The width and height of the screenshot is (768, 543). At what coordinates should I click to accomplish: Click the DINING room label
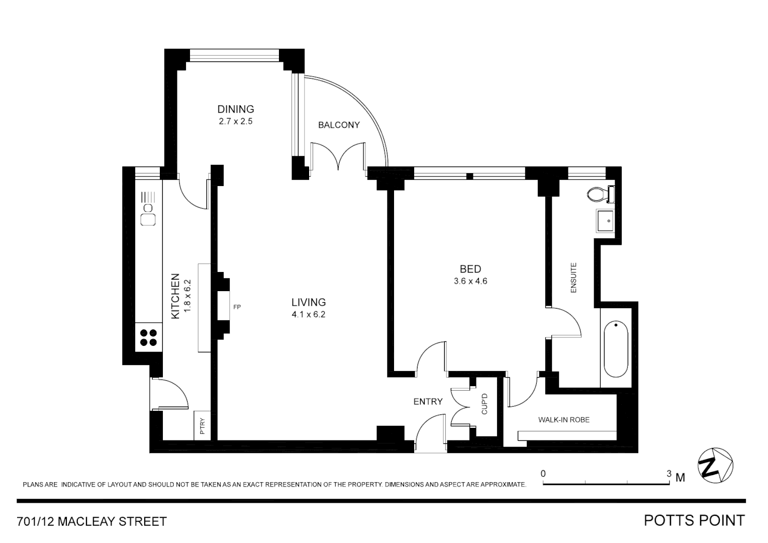(235, 109)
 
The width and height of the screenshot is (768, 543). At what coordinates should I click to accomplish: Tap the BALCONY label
(339, 125)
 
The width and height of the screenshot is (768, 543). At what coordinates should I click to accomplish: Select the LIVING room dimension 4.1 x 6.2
(309, 315)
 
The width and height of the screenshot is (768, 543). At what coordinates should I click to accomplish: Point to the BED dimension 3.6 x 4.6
(470, 282)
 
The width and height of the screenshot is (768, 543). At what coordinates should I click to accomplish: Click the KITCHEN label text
(175, 296)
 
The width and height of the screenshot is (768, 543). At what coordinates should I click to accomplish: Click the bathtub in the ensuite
(616, 349)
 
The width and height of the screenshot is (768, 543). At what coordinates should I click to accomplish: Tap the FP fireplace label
(237, 307)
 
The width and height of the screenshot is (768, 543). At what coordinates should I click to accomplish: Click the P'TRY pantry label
(203, 426)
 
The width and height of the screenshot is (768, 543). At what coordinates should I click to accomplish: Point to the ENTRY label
(428, 402)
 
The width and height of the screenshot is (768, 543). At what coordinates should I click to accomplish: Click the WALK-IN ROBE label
(563, 420)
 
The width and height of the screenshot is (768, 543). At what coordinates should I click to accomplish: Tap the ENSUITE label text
(573, 278)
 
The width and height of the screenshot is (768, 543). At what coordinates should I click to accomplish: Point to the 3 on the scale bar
(668, 474)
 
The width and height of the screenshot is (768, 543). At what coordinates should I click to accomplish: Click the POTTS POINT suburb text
(694, 520)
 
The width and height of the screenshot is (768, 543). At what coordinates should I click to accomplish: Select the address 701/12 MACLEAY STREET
(92, 521)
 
